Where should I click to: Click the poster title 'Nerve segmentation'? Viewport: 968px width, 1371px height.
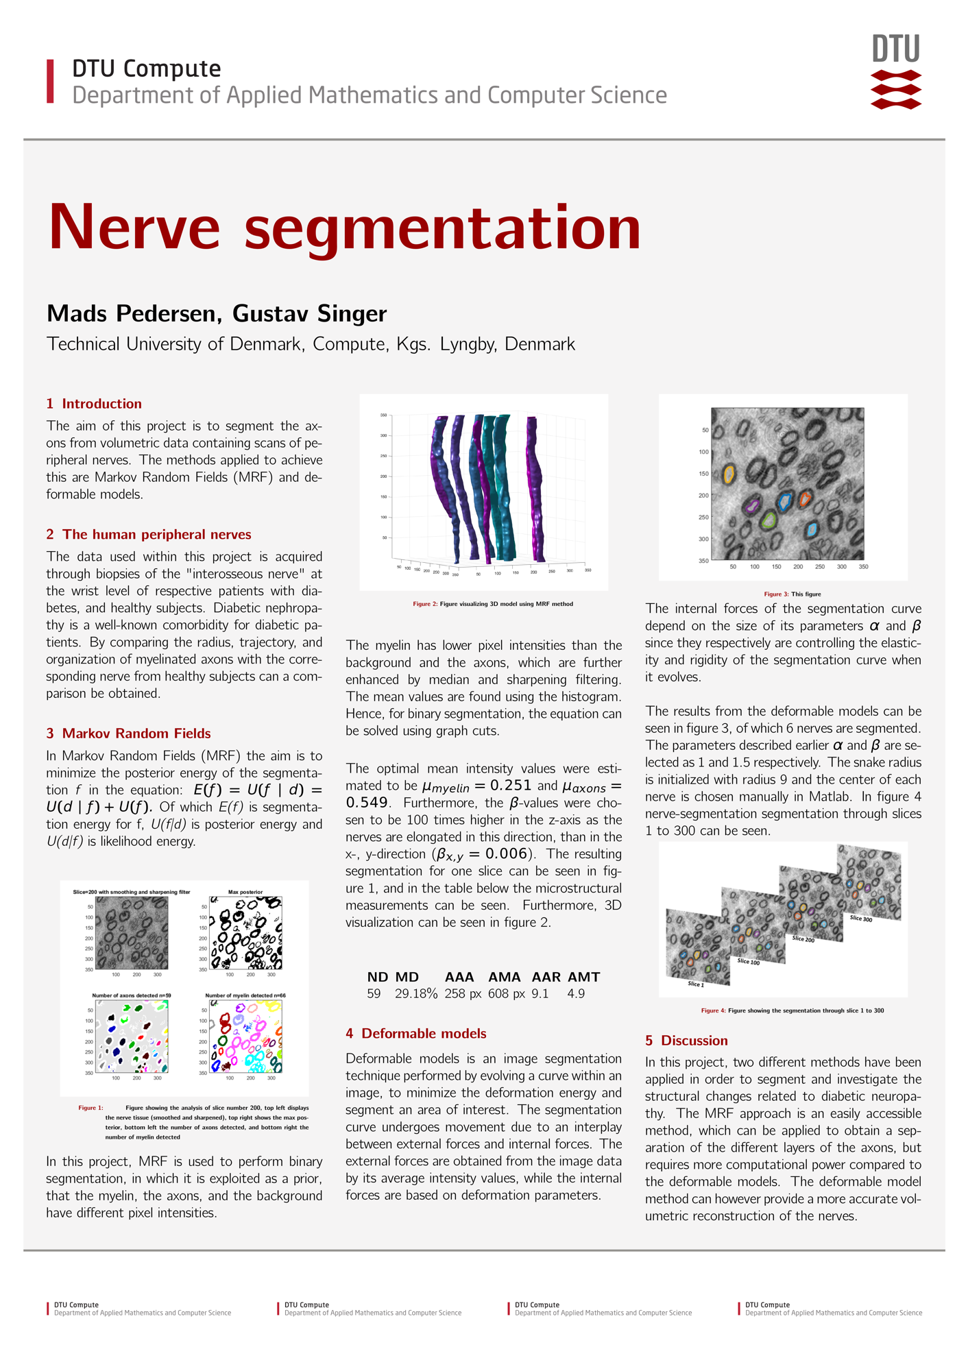pyautogui.click(x=345, y=228)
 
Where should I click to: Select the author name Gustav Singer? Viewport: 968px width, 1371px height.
pyautogui.click(x=309, y=313)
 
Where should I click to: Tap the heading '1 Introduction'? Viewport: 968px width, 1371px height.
pyautogui.click(x=94, y=404)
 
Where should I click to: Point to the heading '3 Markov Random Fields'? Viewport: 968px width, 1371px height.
pyautogui.click(x=128, y=733)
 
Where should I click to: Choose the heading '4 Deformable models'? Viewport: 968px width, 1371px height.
pyautogui.click(x=415, y=1033)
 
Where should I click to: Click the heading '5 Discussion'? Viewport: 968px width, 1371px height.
pyautogui.click(x=686, y=1041)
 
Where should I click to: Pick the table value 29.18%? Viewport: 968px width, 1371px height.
pyautogui.click(x=415, y=994)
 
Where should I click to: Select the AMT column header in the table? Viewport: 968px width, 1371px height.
pyautogui.click(x=583, y=977)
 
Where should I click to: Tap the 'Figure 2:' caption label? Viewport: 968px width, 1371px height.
pyautogui.click(x=424, y=604)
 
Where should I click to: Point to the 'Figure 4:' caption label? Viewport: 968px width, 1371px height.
pyautogui.click(x=712, y=1010)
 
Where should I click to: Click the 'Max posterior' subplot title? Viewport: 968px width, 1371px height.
pyautogui.click(x=245, y=892)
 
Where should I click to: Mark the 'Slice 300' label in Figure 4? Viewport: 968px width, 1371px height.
pyautogui.click(x=861, y=919)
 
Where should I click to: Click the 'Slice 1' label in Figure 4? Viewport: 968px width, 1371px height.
pyautogui.click(x=696, y=984)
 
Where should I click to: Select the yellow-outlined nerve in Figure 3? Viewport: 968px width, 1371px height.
pyautogui.click(x=729, y=474)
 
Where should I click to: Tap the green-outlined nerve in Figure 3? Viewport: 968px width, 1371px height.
pyautogui.click(x=769, y=520)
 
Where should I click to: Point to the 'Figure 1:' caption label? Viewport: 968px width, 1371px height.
pyautogui.click(x=90, y=1108)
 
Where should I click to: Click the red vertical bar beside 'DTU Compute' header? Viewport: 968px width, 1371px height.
pyautogui.click(x=50, y=82)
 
